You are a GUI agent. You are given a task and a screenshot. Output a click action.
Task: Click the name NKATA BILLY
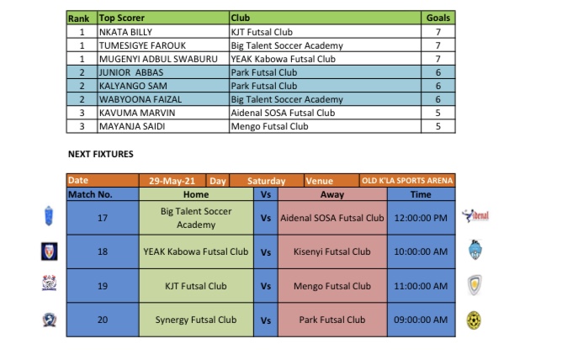point(126,32)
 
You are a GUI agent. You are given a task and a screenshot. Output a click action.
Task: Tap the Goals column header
point(438,18)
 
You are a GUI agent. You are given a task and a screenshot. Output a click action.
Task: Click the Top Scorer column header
point(122,18)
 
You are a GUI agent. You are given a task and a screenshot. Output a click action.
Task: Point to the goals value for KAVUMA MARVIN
point(438,113)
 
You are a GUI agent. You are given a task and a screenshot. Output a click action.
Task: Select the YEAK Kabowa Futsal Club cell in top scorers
point(283,59)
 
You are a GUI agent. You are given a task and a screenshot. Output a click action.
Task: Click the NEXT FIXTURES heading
point(100,155)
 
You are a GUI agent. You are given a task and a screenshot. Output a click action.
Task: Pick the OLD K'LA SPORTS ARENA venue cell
point(407,181)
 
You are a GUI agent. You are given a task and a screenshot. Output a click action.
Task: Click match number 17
point(103,218)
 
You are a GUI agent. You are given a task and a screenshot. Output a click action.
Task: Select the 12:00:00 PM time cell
point(421,218)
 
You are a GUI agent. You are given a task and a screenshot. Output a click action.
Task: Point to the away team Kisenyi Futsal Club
point(332,251)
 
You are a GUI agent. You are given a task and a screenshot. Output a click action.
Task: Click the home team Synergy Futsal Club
point(195,320)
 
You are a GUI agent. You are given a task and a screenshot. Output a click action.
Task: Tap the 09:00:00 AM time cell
point(421,320)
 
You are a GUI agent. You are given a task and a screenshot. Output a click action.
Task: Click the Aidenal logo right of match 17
point(475,217)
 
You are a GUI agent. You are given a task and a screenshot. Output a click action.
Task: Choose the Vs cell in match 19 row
point(265,286)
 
